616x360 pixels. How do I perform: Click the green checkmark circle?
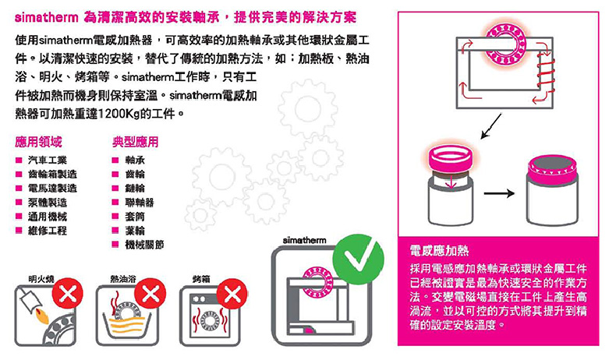click(x=358, y=259)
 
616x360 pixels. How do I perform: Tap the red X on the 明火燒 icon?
click(x=68, y=293)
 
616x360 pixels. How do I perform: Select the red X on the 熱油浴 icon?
click(x=150, y=293)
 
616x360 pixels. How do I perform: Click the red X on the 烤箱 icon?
click(x=232, y=294)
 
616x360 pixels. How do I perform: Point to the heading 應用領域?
click(x=38, y=142)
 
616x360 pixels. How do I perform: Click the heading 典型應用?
click(x=135, y=142)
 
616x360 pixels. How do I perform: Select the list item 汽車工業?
click(x=47, y=161)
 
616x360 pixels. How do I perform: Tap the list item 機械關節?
click(x=144, y=245)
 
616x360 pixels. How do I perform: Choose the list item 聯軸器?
click(x=140, y=203)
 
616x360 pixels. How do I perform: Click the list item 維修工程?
click(x=47, y=231)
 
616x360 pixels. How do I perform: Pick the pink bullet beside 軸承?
click(x=115, y=161)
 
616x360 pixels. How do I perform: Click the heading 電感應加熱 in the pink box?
click(x=439, y=250)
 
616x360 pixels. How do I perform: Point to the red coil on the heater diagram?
click(x=546, y=76)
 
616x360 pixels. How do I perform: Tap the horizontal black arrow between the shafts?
click(x=499, y=193)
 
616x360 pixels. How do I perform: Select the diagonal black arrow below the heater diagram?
click(x=491, y=126)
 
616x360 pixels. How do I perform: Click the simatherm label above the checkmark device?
click(x=304, y=240)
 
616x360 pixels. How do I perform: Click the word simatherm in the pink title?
click(x=47, y=18)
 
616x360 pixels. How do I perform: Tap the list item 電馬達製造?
click(x=52, y=189)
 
